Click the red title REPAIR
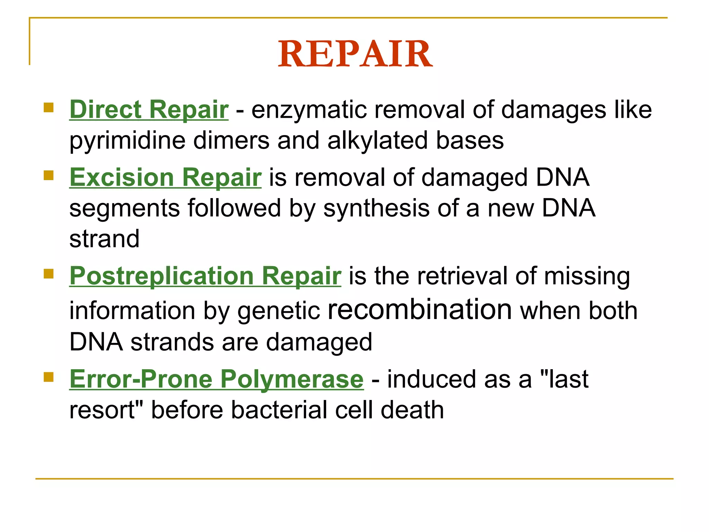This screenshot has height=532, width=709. [x=355, y=54]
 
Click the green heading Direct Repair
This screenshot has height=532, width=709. [x=149, y=110]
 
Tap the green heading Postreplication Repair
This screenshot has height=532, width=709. [x=205, y=276]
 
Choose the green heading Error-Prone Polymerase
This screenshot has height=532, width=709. [x=216, y=379]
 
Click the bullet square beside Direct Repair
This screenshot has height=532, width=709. [x=49, y=107]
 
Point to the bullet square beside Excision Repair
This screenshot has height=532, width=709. [x=49, y=175]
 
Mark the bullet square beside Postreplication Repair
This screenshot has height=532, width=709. [x=49, y=274]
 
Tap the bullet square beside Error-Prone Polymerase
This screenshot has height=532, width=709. [x=49, y=377]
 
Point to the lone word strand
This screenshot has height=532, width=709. [x=104, y=239]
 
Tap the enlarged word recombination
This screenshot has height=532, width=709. [x=420, y=309]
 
